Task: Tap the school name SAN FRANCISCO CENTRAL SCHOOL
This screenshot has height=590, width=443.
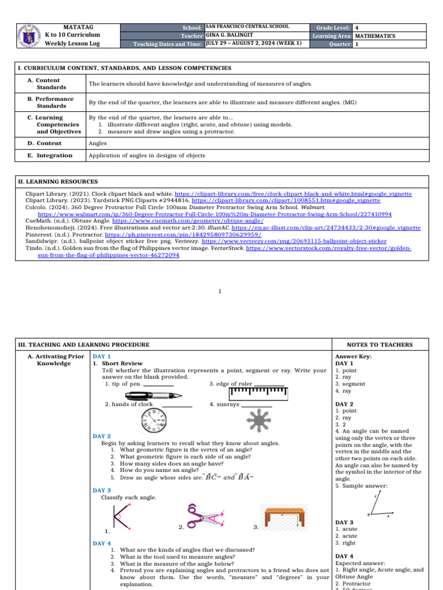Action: point(247,27)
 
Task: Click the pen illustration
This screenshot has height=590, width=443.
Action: point(153,395)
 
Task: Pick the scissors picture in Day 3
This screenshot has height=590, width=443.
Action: point(204,516)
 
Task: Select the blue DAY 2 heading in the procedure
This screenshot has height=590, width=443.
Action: point(102,436)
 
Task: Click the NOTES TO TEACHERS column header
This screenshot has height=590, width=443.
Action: point(380,345)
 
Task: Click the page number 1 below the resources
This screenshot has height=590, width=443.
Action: point(220,291)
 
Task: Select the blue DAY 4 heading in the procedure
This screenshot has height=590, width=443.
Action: point(102,543)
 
